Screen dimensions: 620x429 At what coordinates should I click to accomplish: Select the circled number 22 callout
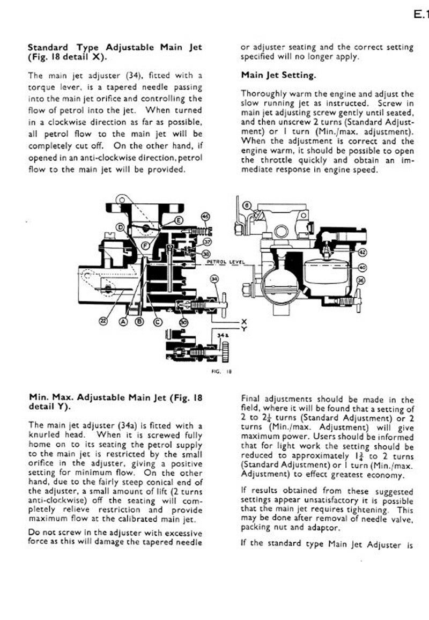pyautogui.click(x=102, y=321)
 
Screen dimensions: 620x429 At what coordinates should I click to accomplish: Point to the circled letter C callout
pyautogui.click(x=158, y=322)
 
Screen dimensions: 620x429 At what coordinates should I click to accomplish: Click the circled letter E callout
pyautogui.click(x=178, y=220)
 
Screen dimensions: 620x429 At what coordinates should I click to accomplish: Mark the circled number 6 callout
pyautogui.click(x=247, y=205)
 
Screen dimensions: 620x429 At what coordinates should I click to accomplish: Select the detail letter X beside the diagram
pyautogui.click(x=243, y=321)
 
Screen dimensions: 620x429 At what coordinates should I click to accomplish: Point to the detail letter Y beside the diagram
pyautogui.click(x=243, y=328)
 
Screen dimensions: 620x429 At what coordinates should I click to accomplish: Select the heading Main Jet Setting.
pyautogui.click(x=278, y=75)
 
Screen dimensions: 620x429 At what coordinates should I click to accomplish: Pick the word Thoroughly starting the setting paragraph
pyautogui.click(x=262, y=93)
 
